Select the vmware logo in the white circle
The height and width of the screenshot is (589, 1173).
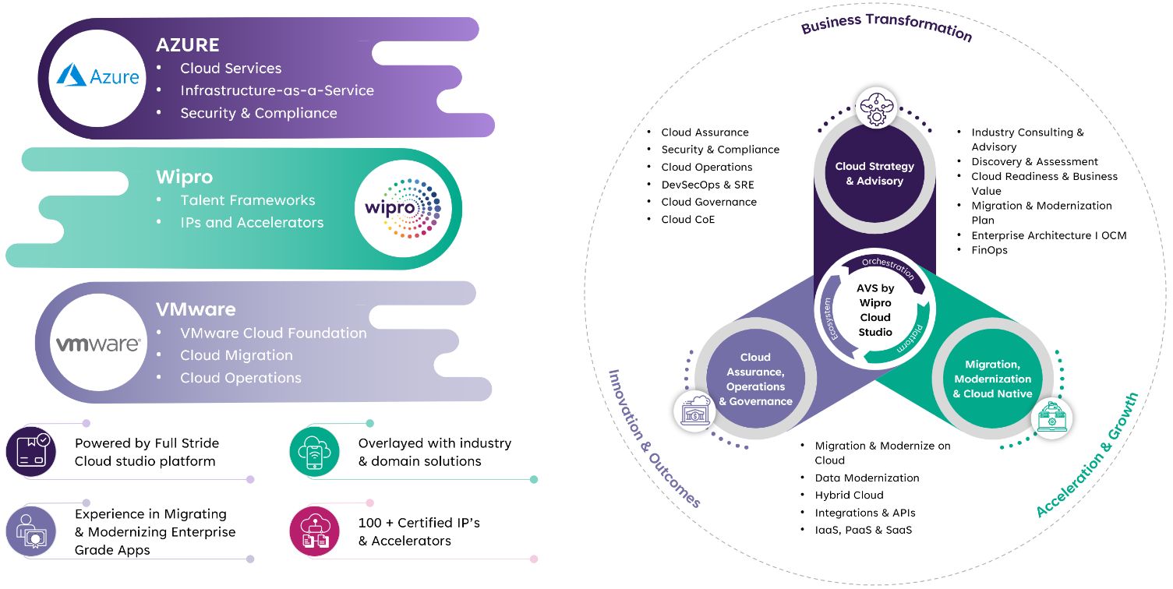coord(98,344)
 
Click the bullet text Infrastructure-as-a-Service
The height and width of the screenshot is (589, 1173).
coord(277,90)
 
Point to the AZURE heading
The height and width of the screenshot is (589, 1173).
coord(187,45)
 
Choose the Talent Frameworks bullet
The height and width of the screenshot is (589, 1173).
coord(247,200)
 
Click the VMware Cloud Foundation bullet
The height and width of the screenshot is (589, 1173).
coord(273,333)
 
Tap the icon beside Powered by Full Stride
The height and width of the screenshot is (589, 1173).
coord(31,451)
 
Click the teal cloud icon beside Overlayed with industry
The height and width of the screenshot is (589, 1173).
coord(314,451)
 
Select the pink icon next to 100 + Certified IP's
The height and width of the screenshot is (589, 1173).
coord(314,531)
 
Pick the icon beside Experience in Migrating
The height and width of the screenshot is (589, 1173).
coord(31,531)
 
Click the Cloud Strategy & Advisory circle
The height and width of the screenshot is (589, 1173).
coord(874,173)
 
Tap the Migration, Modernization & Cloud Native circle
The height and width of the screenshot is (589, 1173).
coord(992,379)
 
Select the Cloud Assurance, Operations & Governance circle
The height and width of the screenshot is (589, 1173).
coord(755,379)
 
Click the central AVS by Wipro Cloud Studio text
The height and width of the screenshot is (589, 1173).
coord(874,310)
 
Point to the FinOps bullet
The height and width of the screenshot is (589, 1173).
coord(989,250)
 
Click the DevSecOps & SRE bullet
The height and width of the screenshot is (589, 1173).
coord(707,185)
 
